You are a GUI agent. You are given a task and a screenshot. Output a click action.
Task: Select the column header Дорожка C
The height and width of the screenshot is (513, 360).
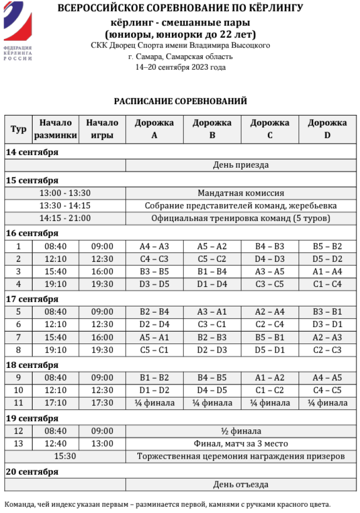pos(270,129)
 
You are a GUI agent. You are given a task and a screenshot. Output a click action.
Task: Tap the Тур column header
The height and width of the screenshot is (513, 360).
pos(18,129)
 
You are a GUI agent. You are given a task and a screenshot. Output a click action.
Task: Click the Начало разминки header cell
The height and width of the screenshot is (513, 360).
pos(56,129)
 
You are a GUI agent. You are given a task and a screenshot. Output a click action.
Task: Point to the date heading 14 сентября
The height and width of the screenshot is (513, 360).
pos(32,152)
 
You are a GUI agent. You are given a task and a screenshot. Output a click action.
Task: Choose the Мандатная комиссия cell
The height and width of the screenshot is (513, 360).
pos(240,193)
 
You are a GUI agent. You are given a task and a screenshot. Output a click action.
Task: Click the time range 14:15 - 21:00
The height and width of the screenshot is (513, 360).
pos(65,218)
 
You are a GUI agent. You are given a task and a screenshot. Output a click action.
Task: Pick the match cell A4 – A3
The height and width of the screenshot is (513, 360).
pos(154,246)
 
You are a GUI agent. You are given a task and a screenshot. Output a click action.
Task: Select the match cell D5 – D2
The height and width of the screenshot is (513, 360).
pos(327,259)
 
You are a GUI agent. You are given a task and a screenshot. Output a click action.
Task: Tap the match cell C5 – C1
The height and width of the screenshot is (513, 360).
pos(154,350)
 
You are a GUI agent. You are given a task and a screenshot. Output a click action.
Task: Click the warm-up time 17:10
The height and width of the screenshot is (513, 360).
pos(56,403)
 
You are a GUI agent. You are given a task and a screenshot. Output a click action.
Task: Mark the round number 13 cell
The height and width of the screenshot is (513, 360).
pos(18,443)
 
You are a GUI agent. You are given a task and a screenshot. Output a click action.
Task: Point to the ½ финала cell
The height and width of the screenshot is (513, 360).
pos(240,431)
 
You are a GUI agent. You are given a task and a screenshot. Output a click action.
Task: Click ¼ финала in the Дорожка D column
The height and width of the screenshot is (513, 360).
pos(327,403)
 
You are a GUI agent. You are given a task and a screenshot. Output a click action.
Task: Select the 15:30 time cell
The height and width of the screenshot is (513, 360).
pos(65,456)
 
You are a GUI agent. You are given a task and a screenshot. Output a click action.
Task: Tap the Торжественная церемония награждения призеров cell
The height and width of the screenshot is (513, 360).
pos(240,456)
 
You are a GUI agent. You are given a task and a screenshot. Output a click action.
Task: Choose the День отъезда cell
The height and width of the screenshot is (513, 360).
pos(240,484)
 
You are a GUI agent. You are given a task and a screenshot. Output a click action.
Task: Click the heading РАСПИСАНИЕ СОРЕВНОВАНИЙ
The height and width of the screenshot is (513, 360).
pos(180,101)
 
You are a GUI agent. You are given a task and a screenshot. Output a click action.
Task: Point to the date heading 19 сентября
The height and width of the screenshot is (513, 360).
pos(32,418)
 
